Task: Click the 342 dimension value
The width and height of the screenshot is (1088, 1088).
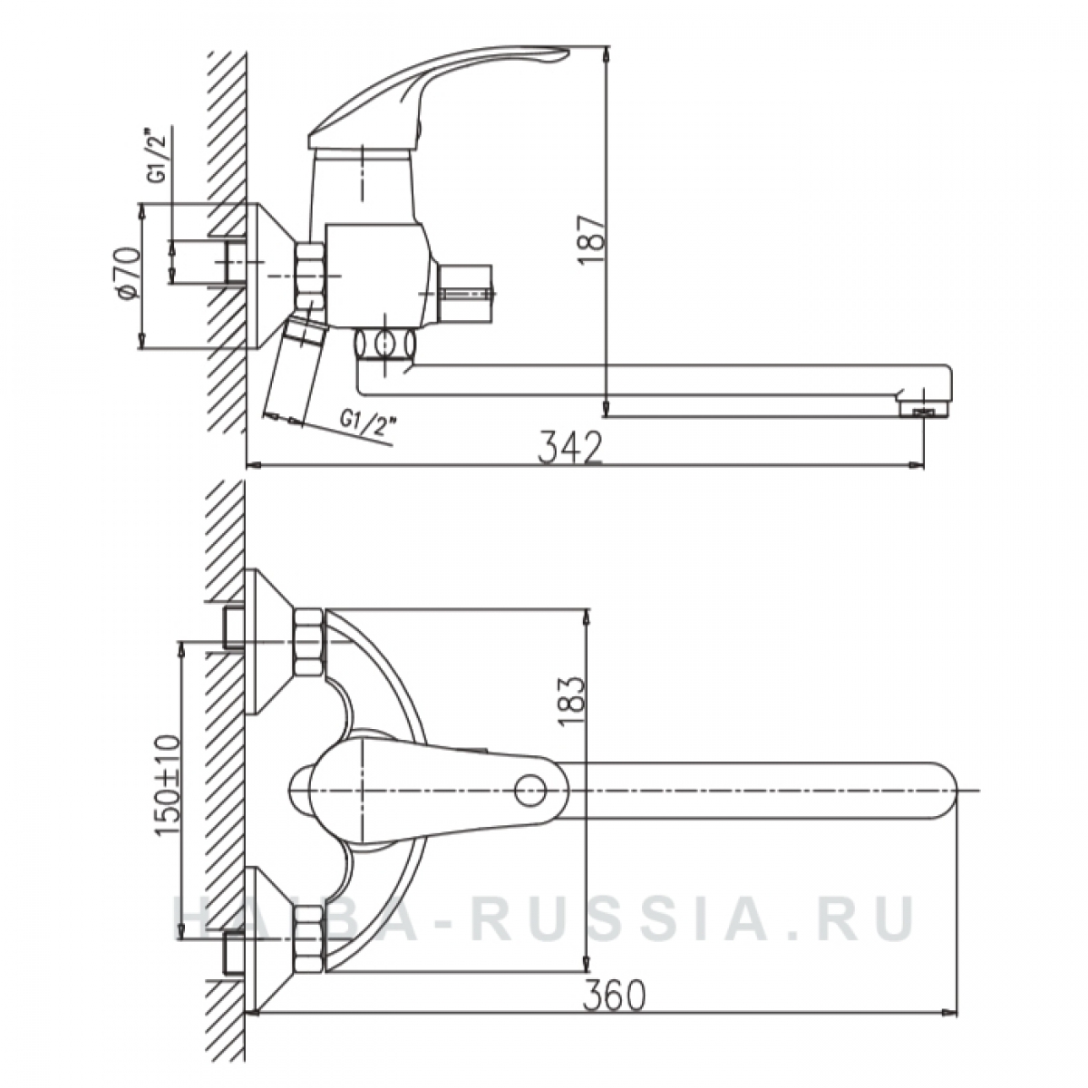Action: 569,447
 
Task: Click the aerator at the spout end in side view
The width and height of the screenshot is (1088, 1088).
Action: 921,411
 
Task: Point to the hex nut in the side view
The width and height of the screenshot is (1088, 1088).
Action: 310,276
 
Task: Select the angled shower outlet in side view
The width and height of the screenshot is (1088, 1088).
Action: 296,369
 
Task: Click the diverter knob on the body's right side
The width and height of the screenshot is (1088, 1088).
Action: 466,292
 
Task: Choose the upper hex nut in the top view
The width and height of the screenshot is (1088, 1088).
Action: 309,642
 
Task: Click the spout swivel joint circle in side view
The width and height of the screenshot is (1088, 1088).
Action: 385,344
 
